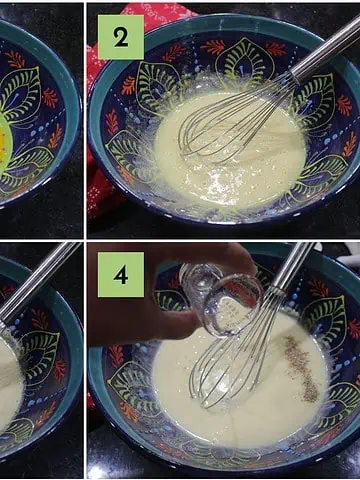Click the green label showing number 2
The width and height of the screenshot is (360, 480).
[x=121, y=37]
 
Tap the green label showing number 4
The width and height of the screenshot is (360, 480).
[x=121, y=274]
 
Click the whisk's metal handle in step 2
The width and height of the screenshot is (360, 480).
[x=325, y=49]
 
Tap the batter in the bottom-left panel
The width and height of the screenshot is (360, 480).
[x=10, y=380]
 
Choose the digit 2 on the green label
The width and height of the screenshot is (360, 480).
[x=121, y=37]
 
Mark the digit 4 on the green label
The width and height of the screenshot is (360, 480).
[x=121, y=275]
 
